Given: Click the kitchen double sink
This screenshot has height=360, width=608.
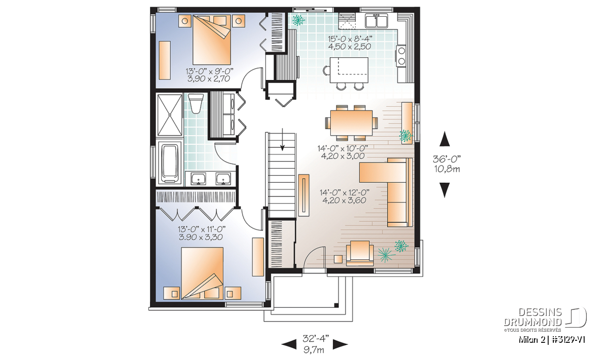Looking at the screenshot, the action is [376, 21].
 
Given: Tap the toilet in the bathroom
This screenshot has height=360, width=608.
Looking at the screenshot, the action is [196, 103].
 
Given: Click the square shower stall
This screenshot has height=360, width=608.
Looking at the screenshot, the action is [170, 115].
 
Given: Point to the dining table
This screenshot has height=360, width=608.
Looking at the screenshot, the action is [351, 123].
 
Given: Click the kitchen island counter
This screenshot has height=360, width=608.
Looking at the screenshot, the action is [349, 70].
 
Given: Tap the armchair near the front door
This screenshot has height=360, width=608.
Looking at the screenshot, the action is [360, 253].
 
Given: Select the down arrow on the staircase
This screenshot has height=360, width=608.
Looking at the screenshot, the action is [283, 139].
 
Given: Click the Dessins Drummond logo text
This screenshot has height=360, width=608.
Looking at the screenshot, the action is [533, 317].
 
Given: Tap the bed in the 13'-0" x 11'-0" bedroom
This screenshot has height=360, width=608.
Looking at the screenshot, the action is [202, 273].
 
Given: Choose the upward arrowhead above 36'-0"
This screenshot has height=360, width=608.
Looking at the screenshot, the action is [444, 139].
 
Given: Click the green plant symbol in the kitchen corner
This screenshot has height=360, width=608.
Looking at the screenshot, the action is [298, 20].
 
